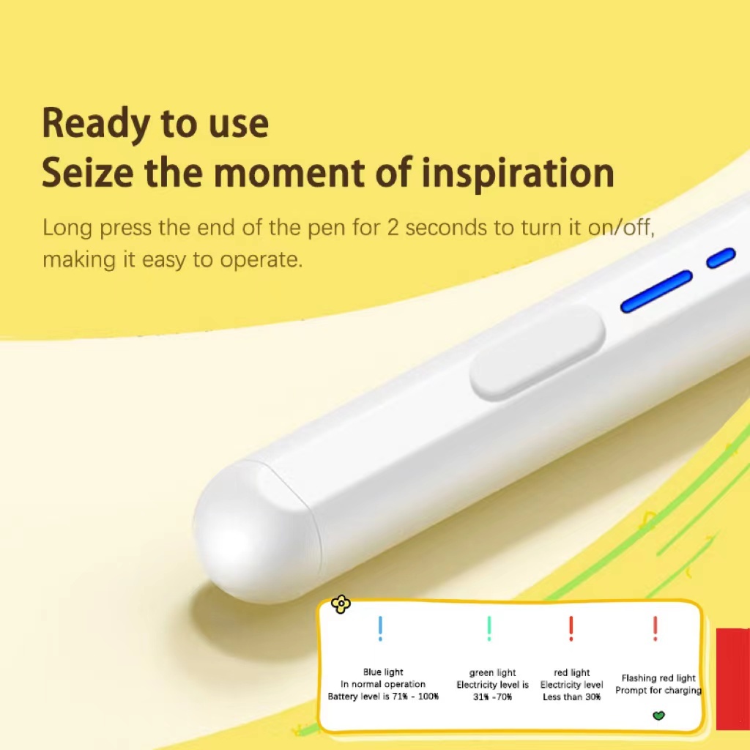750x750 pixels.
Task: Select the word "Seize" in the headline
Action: (x=88, y=172)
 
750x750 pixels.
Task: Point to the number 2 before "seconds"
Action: (x=393, y=228)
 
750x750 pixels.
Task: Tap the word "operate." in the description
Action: (x=261, y=261)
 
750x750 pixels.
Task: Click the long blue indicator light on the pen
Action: (x=657, y=292)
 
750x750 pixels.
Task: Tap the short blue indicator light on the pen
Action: (x=721, y=258)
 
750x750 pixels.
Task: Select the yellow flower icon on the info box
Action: (x=341, y=604)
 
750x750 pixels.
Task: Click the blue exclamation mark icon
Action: (x=380, y=628)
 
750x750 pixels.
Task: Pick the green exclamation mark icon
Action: (x=489, y=628)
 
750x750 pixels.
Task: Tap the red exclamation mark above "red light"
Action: (x=571, y=628)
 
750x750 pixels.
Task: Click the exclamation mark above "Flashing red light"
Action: (x=656, y=628)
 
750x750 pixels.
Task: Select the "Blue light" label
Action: (x=383, y=672)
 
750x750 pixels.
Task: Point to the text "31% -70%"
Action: (x=493, y=697)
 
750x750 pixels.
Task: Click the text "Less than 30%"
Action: (x=571, y=697)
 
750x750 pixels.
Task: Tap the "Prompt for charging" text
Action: (x=658, y=690)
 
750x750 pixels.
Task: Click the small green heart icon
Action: (x=658, y=716)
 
